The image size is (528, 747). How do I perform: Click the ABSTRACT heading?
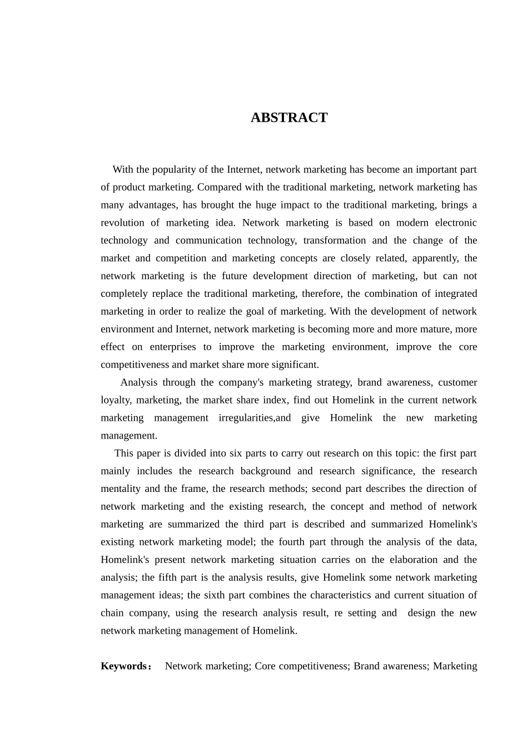coord(289,118)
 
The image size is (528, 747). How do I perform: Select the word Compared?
coord(219,187)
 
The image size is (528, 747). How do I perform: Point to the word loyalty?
coord(115,400)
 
